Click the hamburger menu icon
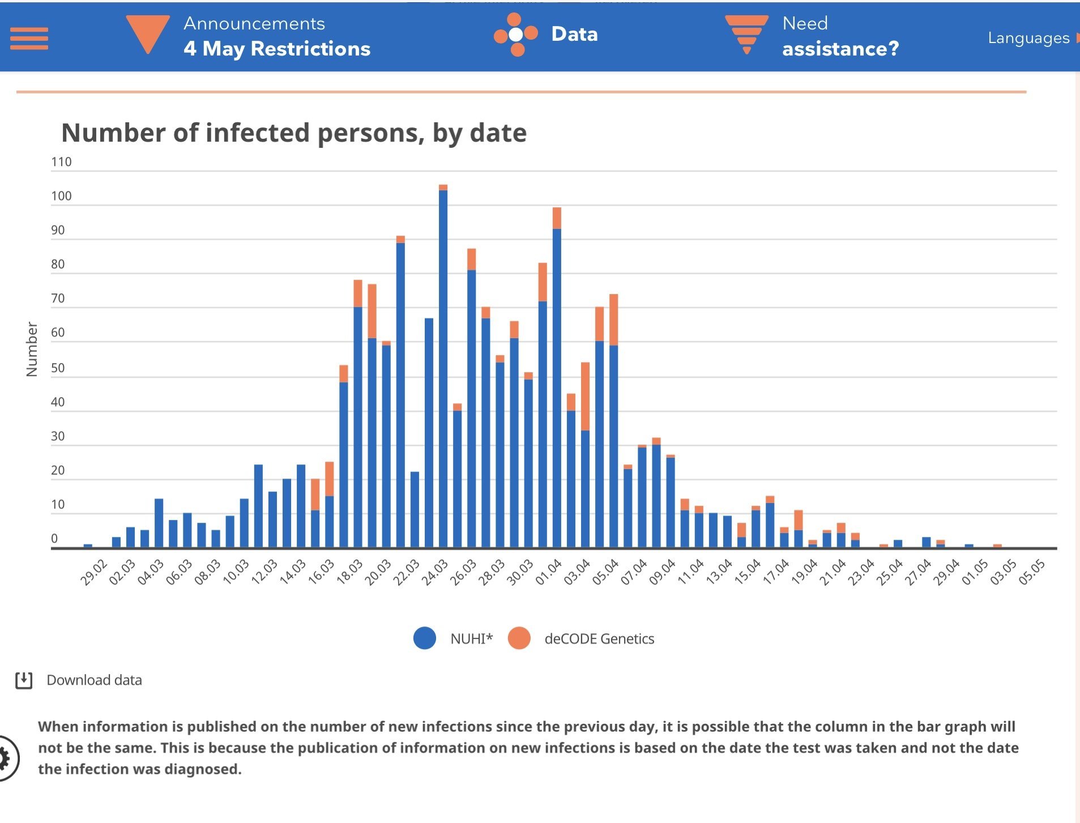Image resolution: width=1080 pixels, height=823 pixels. (x=29, y=39)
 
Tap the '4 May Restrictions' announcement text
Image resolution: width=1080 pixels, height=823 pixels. (x=276, y=49)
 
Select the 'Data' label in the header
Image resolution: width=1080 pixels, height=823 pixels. (x=574, y=34)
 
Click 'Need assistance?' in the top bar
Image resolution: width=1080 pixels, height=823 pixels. (x=840, y=37)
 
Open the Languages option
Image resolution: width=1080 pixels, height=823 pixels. (x=1028, y=38)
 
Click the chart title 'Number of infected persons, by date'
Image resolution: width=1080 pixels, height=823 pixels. (x=293, y=133)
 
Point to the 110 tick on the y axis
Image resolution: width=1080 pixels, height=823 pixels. (x=61, y=162)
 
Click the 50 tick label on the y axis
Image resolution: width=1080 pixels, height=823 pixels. (x=58, y=368)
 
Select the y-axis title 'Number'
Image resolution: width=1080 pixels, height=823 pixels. (x=32, y=349)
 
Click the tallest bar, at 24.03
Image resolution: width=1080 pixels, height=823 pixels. (x=443, y=368)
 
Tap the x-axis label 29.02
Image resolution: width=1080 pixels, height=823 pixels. (x=93, y=572)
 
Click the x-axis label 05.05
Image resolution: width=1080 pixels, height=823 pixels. (x=1031, y=572)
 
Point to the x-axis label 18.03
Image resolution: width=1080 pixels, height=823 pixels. (x=349, y=572)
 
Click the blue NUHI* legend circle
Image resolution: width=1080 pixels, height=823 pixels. (x=425, y=638)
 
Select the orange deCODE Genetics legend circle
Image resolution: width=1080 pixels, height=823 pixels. (x=519, y=638)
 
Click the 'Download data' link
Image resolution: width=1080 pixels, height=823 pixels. (x=94, y=680)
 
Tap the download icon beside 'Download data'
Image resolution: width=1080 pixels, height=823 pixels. (x=24, y=680)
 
